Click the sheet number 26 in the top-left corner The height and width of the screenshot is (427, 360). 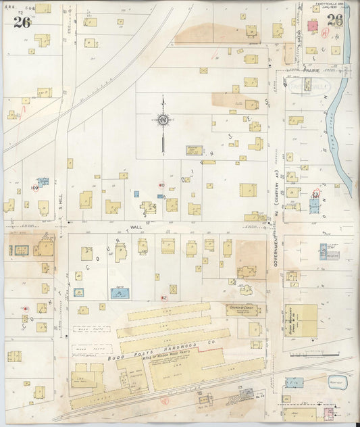[21, 21]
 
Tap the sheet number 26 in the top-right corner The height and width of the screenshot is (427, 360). [334, 20]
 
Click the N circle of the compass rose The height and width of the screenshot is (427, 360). [163, 120]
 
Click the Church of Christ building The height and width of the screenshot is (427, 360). [242, 310]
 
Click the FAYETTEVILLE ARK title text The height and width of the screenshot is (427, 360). [327, 7]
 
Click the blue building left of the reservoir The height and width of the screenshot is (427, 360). [294, 382]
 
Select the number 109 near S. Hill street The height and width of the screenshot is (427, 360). [34, 188]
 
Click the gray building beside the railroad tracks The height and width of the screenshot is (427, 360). [247, 393]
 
